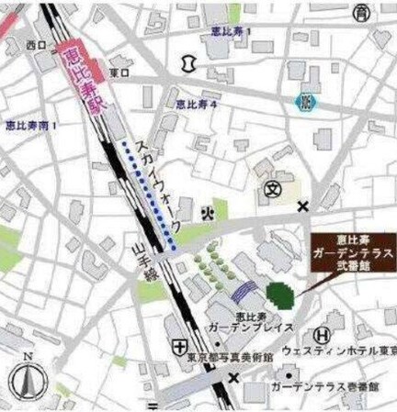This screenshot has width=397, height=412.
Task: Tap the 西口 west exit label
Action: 36,45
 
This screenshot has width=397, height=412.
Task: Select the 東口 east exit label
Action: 119,72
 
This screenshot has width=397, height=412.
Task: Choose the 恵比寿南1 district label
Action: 30,125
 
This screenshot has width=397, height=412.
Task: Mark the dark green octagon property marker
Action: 279,295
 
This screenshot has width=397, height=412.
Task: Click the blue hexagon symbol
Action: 303,101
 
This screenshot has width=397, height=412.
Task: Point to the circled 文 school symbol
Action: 272,190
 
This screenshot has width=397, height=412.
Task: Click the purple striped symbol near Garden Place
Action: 242,291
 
